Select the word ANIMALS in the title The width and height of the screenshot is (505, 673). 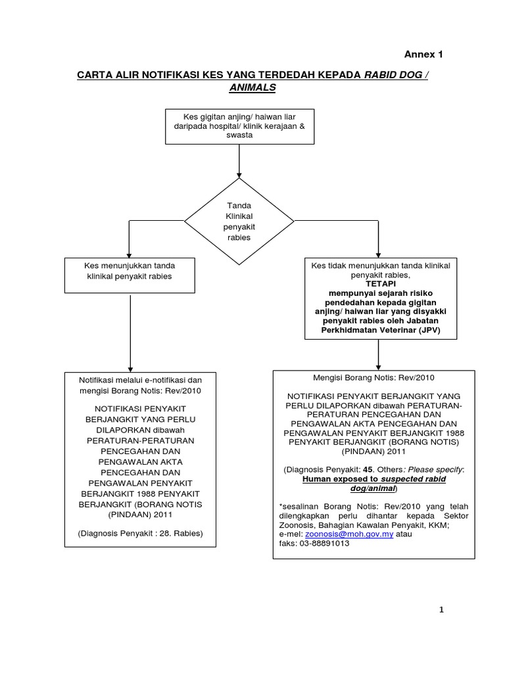(252, 87)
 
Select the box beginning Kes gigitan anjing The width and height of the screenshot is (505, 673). (239, 126)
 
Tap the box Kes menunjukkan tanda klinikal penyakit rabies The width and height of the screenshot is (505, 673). (130, 275)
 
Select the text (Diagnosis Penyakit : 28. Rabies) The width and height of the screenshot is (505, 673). (140, 533)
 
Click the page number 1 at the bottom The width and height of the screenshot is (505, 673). (442, 611)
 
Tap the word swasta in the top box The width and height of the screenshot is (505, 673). (239, 135)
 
